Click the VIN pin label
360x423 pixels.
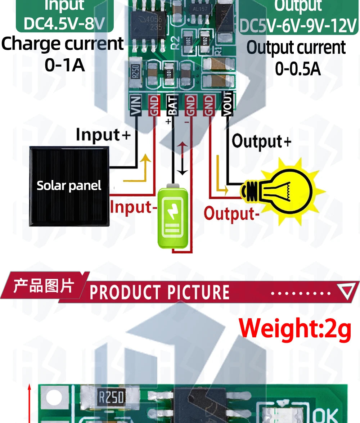tap(136, 105)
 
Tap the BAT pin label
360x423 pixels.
tap(173, 105)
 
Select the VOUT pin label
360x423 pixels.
tap(228, 104)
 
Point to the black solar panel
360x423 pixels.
tap(69, 186)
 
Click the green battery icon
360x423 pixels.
tap(173, 216)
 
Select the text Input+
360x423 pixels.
tap(103, 135)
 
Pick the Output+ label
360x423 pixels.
tap(261, 141)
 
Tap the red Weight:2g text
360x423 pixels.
tap(295, 329)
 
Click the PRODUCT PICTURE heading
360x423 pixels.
tap(159, 292)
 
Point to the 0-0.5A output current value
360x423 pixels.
tap(298, 68)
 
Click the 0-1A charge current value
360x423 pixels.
tap(65, 65)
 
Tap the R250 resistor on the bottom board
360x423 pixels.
tap(112, 397)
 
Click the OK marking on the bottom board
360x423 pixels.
tap(326, 414)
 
